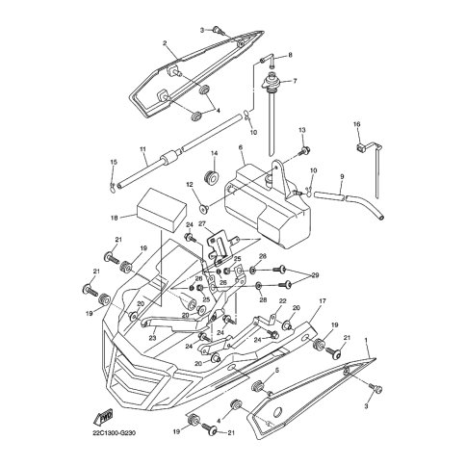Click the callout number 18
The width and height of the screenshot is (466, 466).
coord(114,218)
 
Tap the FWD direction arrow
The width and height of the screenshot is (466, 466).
coord(103,416)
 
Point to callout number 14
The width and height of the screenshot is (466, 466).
coord(214,154)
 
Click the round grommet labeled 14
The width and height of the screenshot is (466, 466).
coord(211,177)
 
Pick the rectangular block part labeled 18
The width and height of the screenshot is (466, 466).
coord(162,210)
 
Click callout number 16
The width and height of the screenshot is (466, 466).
coord(357,124)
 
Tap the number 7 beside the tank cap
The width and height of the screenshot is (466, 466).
coord(295,81)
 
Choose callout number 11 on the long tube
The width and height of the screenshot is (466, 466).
coord(142,149)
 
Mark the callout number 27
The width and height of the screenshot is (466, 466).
coord(201,223)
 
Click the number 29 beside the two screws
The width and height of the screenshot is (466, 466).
coord(316,275)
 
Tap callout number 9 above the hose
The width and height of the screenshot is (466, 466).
coord(342,176)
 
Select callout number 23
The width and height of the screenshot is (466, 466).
coord(152,338)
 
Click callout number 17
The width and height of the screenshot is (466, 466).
coord(323,301)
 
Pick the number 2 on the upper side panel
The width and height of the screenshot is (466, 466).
coord(165,42)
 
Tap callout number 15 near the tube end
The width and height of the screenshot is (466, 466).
coord(114,162)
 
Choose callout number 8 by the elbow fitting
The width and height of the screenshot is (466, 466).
coord(290,55)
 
